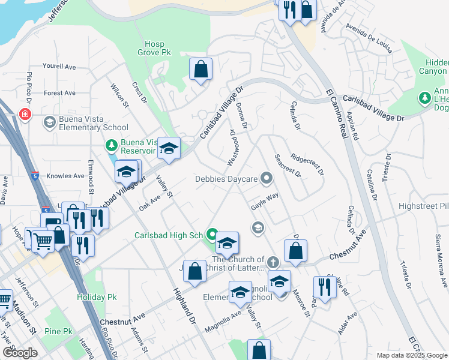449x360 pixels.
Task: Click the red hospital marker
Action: tap(25, 114)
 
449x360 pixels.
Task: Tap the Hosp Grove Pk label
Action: tap(158, 48)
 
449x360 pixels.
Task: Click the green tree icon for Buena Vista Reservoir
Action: tap(111, 145)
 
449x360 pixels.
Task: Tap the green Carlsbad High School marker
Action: tap(211, 234)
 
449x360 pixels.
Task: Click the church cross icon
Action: tap(273, 262)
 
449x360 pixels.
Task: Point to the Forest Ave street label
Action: tap(59, 93)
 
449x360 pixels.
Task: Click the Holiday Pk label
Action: tap(90, 297)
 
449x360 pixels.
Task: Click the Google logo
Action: tap(20, 353)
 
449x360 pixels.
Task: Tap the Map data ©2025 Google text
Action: tap(411, 355)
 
